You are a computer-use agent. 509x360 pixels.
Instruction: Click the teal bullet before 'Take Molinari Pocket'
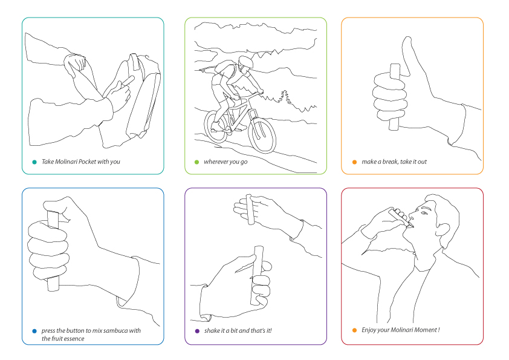click(34, 162)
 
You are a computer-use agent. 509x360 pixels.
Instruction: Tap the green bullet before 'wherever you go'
click(196, 162)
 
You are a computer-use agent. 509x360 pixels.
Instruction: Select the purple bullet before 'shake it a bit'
click(197, 331)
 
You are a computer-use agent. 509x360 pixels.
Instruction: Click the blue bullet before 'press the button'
click(34, 331)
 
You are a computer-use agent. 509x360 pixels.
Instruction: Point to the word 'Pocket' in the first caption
click(87, 162)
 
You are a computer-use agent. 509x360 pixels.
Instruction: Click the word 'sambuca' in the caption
click(116, 331)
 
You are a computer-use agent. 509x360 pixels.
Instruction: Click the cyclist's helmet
click(246, 61)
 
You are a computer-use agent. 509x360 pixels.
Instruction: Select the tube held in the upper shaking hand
click(250, 209)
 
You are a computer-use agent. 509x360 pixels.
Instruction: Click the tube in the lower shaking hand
click(256, 275)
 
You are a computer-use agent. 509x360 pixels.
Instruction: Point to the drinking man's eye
click(423, 213)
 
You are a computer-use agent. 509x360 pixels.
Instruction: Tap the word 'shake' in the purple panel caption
click(212, 331)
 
